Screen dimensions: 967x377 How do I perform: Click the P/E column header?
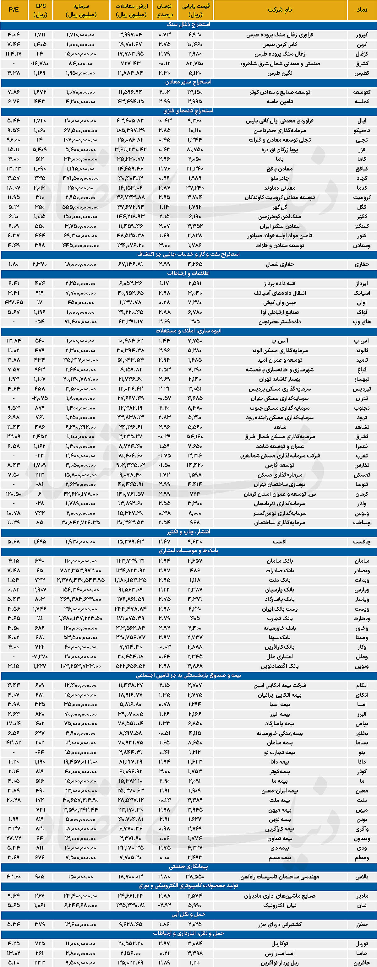click(14, 10)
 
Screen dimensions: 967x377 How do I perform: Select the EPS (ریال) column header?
click(40, 10)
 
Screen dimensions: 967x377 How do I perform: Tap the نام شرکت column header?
click(280, 10)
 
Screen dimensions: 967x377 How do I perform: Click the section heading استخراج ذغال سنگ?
click(188, 24)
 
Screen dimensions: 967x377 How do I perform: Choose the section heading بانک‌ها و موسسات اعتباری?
click(188, 551)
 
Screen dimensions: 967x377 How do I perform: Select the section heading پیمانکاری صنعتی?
click(188, 867)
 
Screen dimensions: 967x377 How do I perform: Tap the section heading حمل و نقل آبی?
click(188, 915)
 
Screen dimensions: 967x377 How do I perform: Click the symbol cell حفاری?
click(362, 264)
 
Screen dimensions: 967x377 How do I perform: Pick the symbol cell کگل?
click(362, 207)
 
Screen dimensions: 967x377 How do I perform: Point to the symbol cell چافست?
click(362, 542)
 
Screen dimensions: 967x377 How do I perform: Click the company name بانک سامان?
click(280, 561)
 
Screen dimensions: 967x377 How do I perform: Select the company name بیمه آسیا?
click(280, 704)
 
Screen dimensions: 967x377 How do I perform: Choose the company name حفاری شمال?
click(280, 264)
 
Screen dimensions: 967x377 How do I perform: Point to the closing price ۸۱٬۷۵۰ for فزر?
click(195, 149)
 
